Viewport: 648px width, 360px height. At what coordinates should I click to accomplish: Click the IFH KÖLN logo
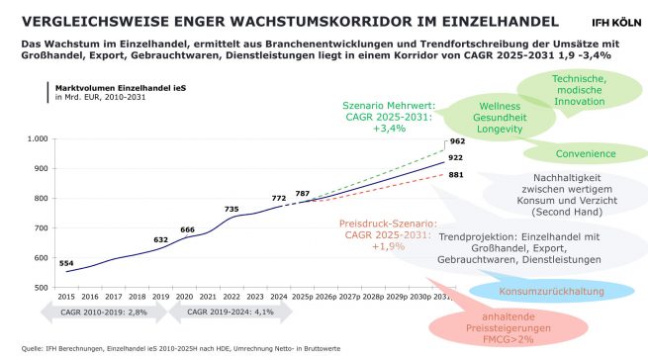613,20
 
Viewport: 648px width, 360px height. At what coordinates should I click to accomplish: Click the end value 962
456,141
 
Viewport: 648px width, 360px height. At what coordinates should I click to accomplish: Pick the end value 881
456,175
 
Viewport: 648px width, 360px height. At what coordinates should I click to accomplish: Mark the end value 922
456,157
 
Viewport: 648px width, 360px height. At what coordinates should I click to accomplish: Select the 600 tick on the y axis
40,258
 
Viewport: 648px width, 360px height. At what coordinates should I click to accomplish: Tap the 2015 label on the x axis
67,297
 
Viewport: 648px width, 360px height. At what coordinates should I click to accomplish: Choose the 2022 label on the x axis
231,297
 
